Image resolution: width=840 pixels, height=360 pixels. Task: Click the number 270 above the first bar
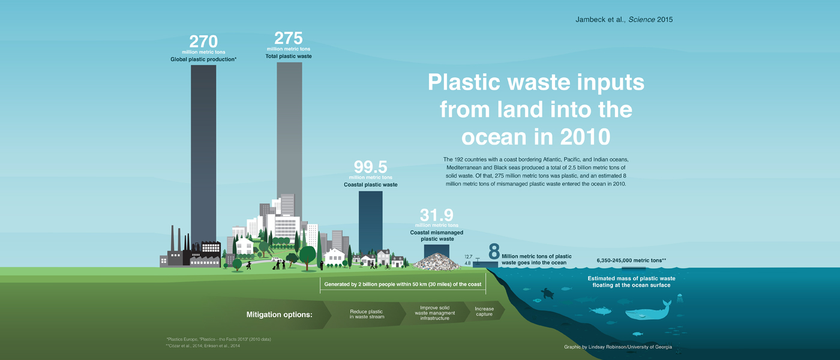click(x=203, y=41)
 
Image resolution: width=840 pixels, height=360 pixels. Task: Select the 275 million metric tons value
click(x=289, y=38)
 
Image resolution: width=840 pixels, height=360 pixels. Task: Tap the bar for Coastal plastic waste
click(x=371, y=224)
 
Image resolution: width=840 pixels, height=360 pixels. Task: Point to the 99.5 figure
click(x=371, y=167)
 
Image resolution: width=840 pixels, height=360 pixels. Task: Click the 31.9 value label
click(x=437, y=215)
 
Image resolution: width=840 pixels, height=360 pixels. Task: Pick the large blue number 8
click(x=494, y=251)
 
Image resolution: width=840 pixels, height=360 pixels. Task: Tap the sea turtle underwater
click(x=547, y=293)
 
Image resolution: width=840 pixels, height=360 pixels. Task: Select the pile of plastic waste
click(x=437, y=262)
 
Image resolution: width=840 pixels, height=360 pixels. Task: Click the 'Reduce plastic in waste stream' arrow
click(x=366, y=314)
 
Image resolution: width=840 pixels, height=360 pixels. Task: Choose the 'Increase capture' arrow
click(x=485, y=311)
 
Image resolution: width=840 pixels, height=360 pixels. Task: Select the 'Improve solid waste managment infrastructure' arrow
click(x=435, y=313)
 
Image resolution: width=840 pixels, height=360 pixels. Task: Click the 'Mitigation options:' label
click(x=280, y=314)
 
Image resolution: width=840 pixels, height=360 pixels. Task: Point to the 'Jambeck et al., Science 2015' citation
click(x=624, y=19)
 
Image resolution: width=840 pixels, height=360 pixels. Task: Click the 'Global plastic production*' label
click(x=203, y=59)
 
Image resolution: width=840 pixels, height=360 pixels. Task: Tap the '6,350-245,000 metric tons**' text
click(x=631, y=260)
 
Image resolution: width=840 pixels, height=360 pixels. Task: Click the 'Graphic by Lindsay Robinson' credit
click(x=618, y=347)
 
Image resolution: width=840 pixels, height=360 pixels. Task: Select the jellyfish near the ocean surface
click(x=680, y=299)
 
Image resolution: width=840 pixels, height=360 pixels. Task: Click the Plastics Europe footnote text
click(x=219, y=339)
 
